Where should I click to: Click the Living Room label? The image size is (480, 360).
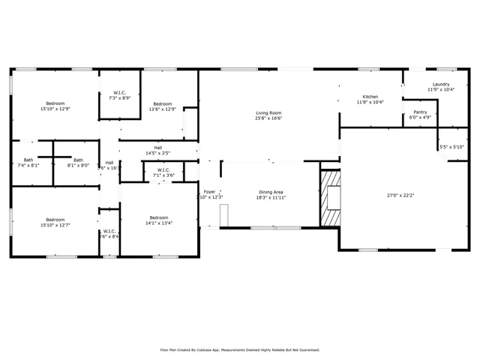(x=267, y=112)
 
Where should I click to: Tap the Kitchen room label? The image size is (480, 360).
(x=370, y=97)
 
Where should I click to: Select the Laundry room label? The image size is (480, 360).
(x=440, y=84)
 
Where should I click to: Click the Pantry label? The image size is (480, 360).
(x=420, y=112)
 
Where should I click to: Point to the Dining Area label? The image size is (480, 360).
(x=271, y=191)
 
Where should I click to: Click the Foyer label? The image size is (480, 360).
(x=210, y=191)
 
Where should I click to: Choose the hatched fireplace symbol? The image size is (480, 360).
(x=330, y=197)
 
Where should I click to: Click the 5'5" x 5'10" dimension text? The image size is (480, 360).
(x=451, y=146)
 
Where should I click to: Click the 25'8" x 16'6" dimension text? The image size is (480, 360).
(x=267, y=118)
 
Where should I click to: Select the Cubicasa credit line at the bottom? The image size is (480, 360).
(x=240, y=349)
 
